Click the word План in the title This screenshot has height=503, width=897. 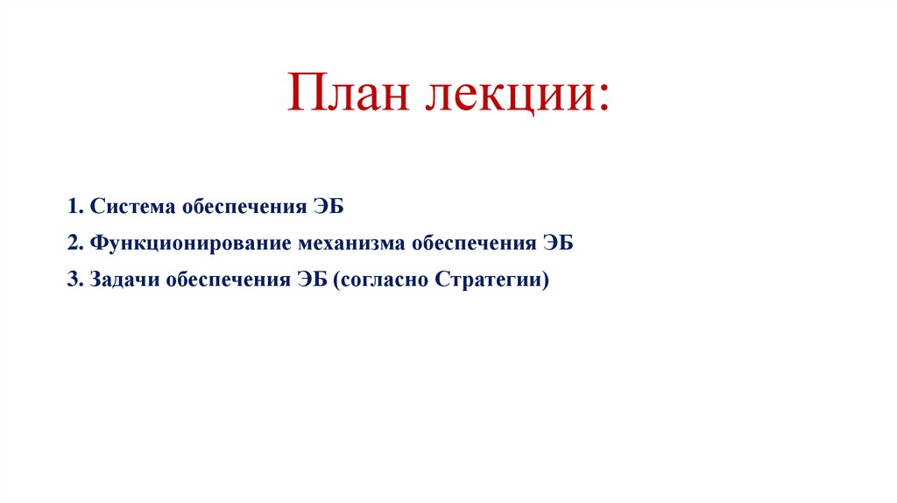tap(349, 95)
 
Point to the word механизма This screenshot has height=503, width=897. tap(351, 244)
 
